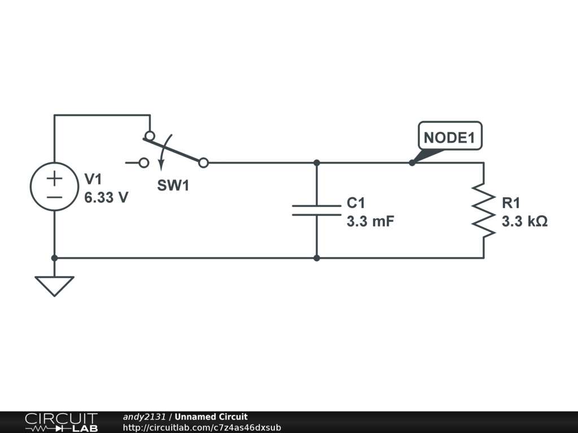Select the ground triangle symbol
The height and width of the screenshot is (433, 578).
54,285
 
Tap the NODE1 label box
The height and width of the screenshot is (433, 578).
449,136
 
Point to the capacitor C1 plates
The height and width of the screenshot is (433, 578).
317,210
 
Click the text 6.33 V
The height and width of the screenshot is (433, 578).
106,198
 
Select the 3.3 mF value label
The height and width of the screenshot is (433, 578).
370,221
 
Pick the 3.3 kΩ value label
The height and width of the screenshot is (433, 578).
524,221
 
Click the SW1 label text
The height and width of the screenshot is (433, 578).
173,186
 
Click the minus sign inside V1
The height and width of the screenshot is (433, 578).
54,197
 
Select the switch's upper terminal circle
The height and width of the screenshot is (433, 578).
150,136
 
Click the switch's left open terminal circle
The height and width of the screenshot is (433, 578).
144,163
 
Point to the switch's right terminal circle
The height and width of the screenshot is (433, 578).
204,163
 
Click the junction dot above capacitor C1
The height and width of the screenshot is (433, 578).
317,163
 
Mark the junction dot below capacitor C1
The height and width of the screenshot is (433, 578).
317,258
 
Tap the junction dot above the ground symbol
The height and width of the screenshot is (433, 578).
54,258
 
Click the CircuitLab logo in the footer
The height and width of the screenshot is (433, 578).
60,422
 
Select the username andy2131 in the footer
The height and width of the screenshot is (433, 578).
144,417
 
